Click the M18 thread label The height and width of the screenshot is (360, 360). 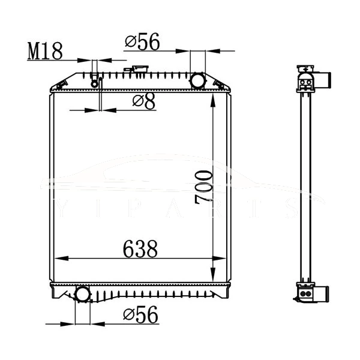click(x=45, y=51)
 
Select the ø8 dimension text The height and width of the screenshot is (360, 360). click(x=144, y=101)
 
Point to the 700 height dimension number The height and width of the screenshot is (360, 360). click(x=203, y=187)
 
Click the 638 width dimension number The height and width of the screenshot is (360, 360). click(x=140, y=248)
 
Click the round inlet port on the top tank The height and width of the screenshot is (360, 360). click(x=197, y=80)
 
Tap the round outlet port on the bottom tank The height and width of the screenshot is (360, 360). click(x=82, y=294)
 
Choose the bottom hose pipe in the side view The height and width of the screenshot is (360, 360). click(x=324, y=294)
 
